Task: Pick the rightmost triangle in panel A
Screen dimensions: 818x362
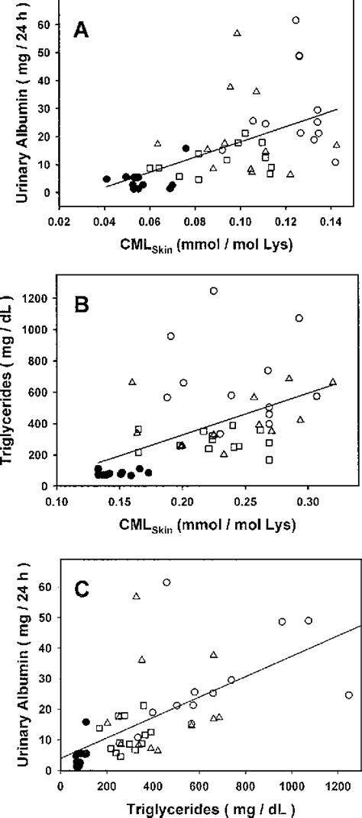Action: pos(336,145)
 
